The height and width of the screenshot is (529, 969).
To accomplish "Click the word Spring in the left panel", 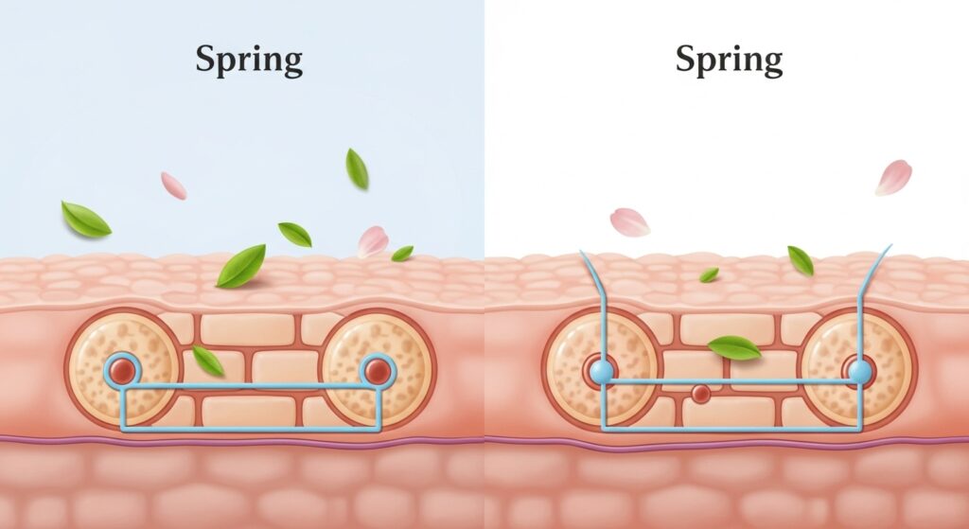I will [249, 61].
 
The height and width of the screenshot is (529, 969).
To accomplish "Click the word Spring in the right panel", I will [729, 61].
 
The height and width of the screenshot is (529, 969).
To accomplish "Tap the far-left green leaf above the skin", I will [85, 219].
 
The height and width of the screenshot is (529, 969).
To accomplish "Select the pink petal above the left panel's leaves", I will [173, 185].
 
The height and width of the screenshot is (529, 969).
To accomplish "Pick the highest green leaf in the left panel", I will [357, 168].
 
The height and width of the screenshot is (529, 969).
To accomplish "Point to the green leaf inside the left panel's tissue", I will [207, 360].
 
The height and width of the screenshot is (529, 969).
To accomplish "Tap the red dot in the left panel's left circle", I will [122, 370].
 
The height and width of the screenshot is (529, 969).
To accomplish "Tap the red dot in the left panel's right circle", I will [378, 370].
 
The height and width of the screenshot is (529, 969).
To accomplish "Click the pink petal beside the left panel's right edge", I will [373, 240].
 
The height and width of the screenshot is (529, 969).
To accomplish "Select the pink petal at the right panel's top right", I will [893, 177].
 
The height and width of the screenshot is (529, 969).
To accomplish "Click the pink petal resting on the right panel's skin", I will [629, 222].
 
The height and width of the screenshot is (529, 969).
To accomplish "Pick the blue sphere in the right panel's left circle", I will [600, 372].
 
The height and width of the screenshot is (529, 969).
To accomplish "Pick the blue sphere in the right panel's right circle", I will [859, 372].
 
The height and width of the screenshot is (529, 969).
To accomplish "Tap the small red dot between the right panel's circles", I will [700, 393].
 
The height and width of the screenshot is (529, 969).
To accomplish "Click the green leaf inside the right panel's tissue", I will [733, 347].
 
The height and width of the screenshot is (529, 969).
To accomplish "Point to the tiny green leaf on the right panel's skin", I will [709, 274].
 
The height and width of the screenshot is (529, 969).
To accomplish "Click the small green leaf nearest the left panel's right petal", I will [402, 253].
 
